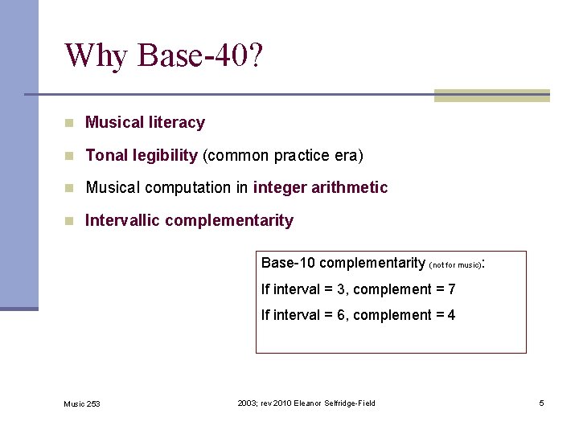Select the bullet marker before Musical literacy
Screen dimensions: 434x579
(x=70, y=123)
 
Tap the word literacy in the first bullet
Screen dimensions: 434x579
(x=177, y=123)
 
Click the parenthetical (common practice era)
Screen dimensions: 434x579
(x=282, y=155)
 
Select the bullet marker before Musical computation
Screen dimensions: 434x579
(x=70, y=188)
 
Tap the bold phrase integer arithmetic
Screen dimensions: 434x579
(x=320, y=188)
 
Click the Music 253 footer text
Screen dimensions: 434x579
(x=82, y=403)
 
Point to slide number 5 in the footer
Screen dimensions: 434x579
(x=541, y=403)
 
